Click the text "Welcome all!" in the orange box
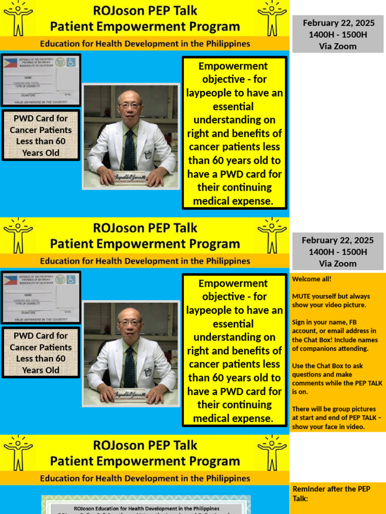point(312,279)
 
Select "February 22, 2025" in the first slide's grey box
point(337,23)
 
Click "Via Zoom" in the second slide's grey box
point(337,264)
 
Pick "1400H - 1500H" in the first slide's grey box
point(337,35)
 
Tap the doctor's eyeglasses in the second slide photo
point(130,323)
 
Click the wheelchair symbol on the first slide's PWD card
point(71,62)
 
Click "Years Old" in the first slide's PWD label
point(40,153)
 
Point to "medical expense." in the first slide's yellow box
point(234,201)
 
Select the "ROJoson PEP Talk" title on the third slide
point(145,445)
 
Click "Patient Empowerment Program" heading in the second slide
point(145,244)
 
